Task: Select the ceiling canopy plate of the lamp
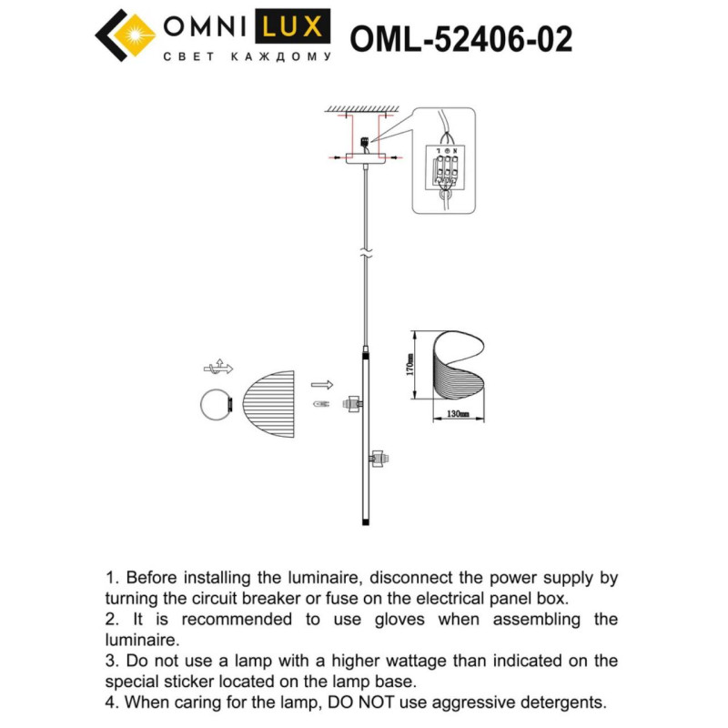(364, 159)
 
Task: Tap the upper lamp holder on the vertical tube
(351, 401)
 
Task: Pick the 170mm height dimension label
(410, 365)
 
